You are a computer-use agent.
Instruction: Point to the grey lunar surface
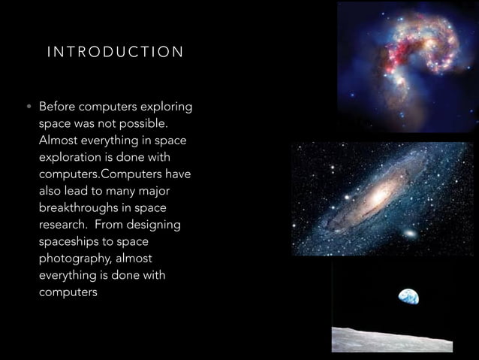coord(390,340)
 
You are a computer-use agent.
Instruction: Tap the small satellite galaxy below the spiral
coord(409,234)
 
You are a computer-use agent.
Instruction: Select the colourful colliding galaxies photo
coord(406,66)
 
